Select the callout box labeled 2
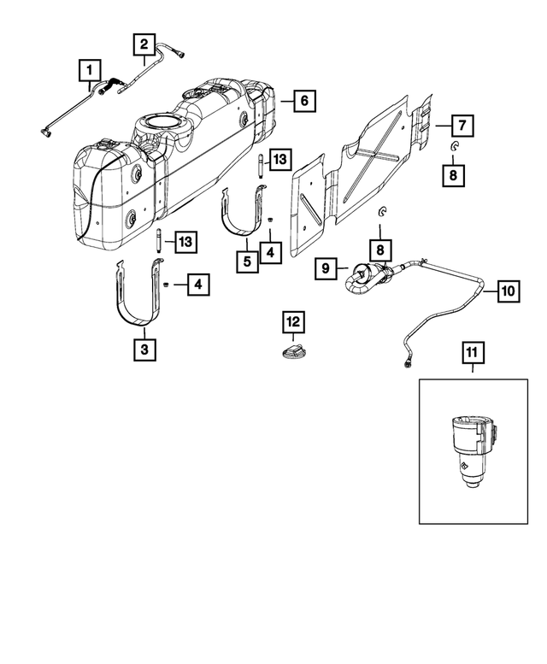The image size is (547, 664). (144, 43)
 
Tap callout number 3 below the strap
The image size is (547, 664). (144, 350)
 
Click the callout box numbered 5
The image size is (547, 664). (246, 260)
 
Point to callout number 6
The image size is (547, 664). (304, 101)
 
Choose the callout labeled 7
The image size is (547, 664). (459, 126)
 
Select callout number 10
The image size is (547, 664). (508, 291)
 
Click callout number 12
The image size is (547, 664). (293, 322)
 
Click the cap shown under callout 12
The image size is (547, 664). (293, 351)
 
